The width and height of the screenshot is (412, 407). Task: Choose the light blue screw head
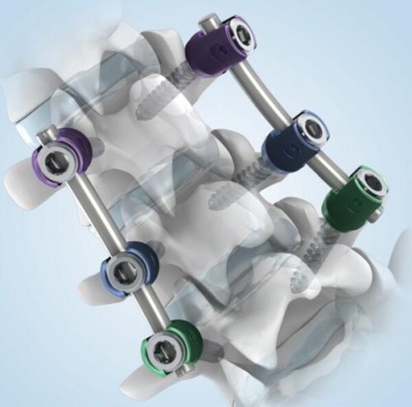click(128, 268)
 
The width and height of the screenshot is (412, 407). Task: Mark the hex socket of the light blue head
click(127, 267)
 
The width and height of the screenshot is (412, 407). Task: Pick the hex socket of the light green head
click(170, 352)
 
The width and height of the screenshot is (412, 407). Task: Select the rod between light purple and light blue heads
click(92, 214)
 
